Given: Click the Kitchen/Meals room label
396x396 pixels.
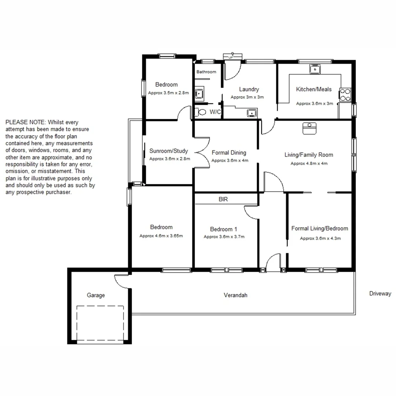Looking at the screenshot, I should (313, 89).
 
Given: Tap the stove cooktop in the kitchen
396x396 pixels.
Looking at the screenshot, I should (345, 95).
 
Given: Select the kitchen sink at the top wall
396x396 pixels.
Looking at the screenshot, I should (315, 69).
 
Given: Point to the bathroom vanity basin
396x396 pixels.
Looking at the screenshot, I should (199, 93).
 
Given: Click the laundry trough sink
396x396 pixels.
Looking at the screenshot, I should (252, 113).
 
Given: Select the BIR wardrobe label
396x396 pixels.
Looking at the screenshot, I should (223, 199).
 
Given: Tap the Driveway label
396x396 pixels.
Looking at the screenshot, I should (380, 294).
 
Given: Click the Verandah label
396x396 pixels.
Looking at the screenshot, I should (235, 295).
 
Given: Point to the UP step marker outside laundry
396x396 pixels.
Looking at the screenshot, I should (231, 57).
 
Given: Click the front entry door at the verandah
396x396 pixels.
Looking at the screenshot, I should (273, 263).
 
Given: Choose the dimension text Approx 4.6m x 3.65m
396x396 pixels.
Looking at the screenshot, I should (161, 236).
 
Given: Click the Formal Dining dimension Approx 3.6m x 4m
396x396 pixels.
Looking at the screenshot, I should (230, 160).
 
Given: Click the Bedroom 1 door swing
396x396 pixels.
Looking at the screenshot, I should (252, 213).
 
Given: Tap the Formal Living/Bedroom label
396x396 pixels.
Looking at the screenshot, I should (319, 228).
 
